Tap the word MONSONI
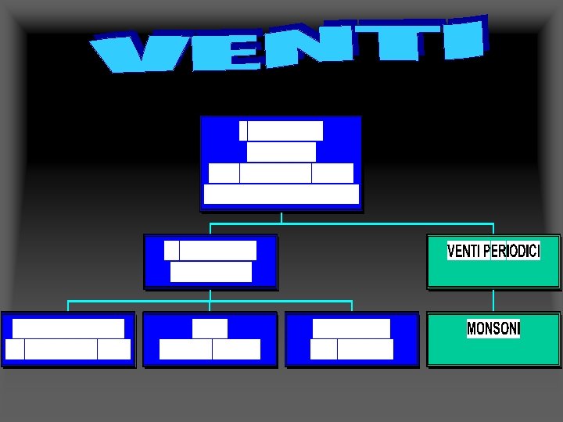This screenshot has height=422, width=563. pyautogui.click(x=493, y=329)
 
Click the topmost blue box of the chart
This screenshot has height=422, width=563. pyautogui.click(x=281, y=163)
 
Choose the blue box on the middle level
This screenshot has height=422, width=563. pyautogui.click(x=210, y=261)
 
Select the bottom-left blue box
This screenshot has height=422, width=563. pyautogui.click(x=68, y=338)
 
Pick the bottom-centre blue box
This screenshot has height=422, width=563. pyautogui.click(x=210, y=338)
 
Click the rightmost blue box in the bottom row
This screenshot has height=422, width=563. pyautogui.click(x=352, y=338)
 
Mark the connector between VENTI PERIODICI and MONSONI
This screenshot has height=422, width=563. pyautogui.click(x=493, y=300)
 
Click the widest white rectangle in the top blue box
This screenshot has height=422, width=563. pyautogui.click(x=281, y=194)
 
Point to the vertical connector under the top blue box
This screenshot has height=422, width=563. pyautogui.click(x=281, y=217)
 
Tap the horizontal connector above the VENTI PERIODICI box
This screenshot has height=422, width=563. pyautogui.click(x=391, y=224)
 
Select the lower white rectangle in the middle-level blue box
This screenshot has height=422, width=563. pyautogui.click(x=210, y=271)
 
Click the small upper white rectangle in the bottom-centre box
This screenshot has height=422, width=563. pyautogui.click(x=210, y=328)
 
